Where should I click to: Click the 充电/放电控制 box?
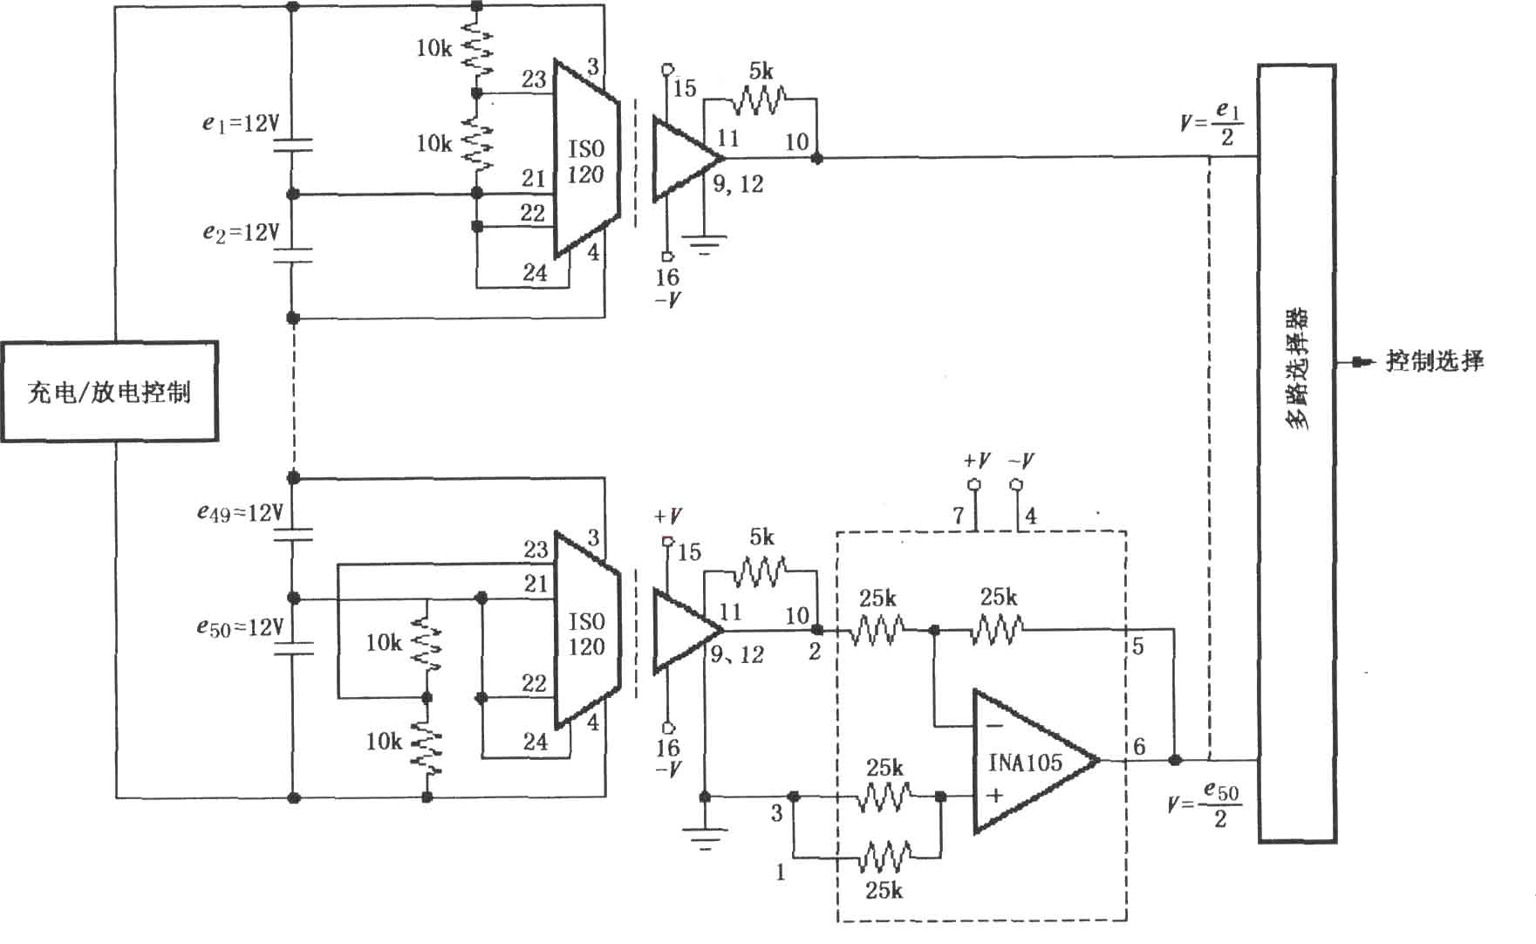[109, 392]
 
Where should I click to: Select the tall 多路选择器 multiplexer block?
[1296, 453]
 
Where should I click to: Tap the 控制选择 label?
[1435, 361]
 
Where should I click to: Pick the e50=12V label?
[240, 627]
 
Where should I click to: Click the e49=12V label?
[240, 513]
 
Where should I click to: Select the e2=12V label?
[241, 232]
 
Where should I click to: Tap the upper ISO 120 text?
[586, 161]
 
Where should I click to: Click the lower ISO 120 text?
[586, 634]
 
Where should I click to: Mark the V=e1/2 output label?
[1212, 124]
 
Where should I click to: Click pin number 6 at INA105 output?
[1139, 747]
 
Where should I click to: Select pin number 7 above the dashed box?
[959, 516]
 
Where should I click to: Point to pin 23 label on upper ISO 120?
[534, 79]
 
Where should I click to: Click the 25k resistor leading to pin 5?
[997, 628]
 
